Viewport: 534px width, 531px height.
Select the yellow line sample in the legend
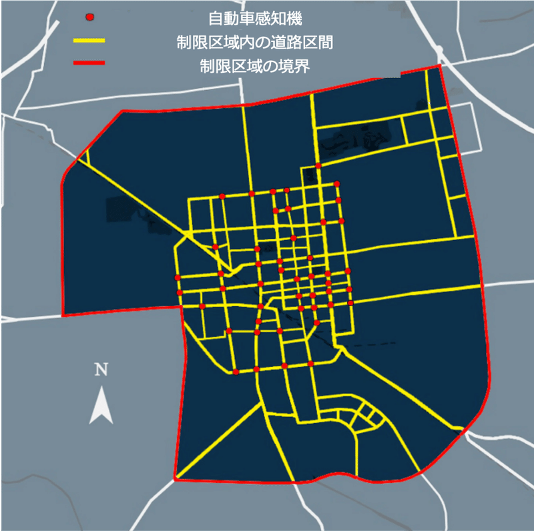(x=89, y=41)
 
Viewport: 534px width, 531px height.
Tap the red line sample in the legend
(x=89, y=63)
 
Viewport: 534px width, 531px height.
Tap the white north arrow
(x=101, y=404)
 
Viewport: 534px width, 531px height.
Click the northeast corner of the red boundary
(x=441, y=66)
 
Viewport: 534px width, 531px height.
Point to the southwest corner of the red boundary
(x=176, y=478)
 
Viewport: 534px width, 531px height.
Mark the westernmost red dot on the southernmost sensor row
(x=236, y=372)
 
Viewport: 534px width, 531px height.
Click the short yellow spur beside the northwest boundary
(x=84, y=157)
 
